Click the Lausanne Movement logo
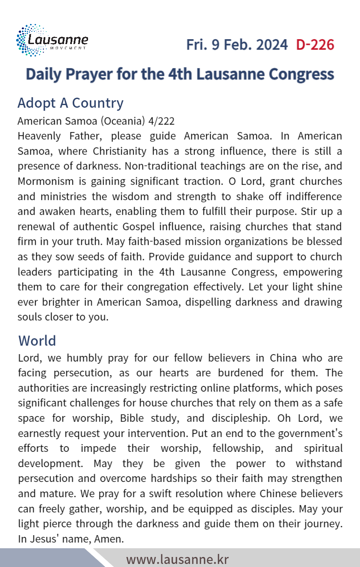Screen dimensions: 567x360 tap(52, 41)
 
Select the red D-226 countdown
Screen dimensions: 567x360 tap(315, 44)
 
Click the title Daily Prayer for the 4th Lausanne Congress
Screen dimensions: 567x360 tap(180, 74)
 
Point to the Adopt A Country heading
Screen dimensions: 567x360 tap(70, 103)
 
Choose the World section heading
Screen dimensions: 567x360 tap(37, 340)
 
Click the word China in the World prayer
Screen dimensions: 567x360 tap(283, 358)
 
